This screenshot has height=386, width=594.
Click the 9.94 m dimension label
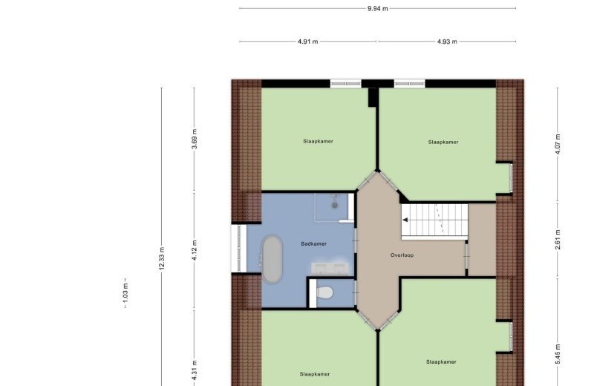378,8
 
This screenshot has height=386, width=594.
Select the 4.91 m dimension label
307,42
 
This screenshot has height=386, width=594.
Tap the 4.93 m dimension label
447,42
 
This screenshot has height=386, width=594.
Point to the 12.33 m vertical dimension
162,259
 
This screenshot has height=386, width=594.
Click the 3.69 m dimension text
195,139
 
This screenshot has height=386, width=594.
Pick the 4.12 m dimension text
195,250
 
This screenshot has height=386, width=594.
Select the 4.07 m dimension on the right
558,144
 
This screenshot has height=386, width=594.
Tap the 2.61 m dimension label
558,241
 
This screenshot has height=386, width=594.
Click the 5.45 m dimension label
558,355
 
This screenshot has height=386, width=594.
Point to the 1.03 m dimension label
125,292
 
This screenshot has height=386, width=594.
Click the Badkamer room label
313,244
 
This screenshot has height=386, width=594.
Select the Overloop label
402,255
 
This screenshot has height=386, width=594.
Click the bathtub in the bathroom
272,259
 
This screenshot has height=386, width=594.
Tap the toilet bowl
324,292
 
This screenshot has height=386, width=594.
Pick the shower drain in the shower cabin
335,206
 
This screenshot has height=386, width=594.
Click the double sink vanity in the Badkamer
330,268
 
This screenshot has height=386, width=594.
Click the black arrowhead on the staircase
405,220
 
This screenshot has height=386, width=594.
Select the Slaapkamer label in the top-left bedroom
319,141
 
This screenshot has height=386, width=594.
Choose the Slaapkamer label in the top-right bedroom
443,142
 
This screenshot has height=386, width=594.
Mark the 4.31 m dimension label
195,370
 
